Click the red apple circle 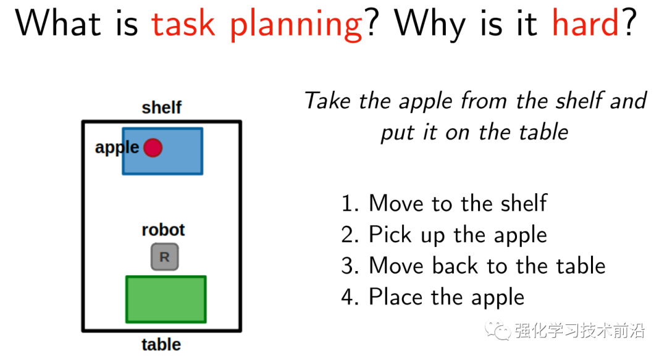[x=153, y=148]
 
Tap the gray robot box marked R [x=165, y=257]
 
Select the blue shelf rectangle [x=162, y=151]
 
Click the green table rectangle [x=166, y=299]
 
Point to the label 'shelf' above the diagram [x=162, y=107]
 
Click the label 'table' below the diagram [x=161, y=345]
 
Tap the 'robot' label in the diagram [x=163, y=230]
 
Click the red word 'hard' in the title [x=585, y=23]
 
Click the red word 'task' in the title [x=183, y=24]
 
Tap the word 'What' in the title [x=58, y=23]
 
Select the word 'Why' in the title [x=430, y=25]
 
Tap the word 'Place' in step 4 [x=396, y=296]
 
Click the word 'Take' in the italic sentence [x=328, y=101]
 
